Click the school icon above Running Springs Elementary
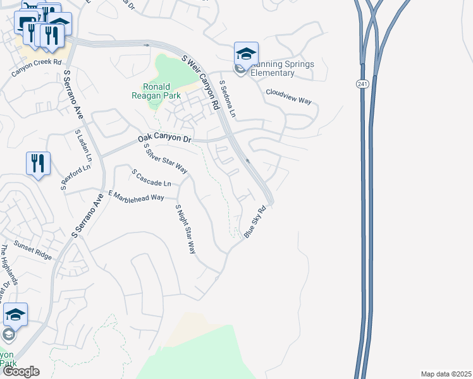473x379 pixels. pos(246,53)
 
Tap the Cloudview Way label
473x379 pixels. pos(289,95)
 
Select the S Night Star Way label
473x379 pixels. pos(185,229)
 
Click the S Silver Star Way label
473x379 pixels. pos(166,159)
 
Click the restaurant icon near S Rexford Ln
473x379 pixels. pos(38,164)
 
